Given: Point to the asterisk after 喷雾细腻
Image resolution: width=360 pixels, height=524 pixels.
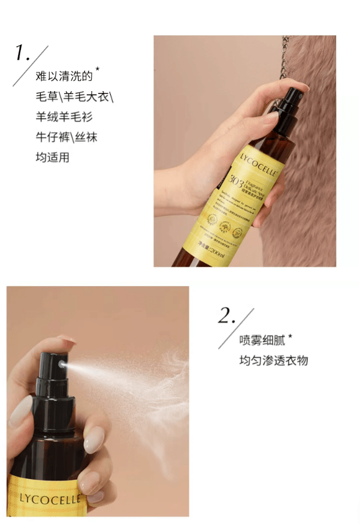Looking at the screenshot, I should pos(290,336).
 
